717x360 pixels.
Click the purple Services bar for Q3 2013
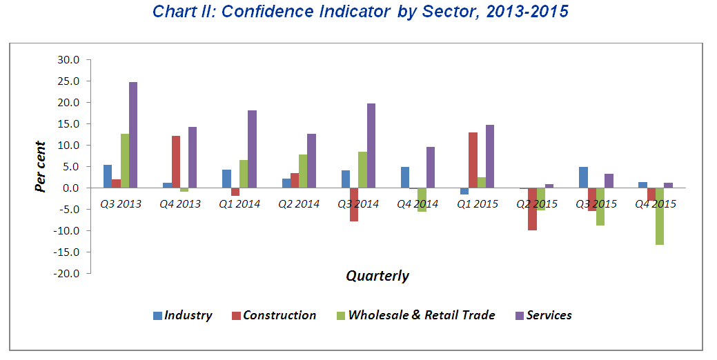coord(133,135)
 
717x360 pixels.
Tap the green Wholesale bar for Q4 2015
coord(660,217)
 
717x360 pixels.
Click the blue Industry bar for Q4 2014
coord(405,177)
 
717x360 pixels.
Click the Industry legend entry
coord(183,315)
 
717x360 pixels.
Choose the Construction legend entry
coord(273,315)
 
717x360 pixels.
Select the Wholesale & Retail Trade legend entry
coord(415,315)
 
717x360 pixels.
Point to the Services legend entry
coord(544,315)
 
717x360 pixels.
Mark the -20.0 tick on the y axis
coord(68,273)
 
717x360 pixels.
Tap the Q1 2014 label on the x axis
coord(239,204)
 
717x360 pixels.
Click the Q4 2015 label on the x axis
coord(656,204)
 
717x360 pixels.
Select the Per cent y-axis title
coord(41,166)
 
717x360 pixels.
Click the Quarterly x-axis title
coord(377,276)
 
